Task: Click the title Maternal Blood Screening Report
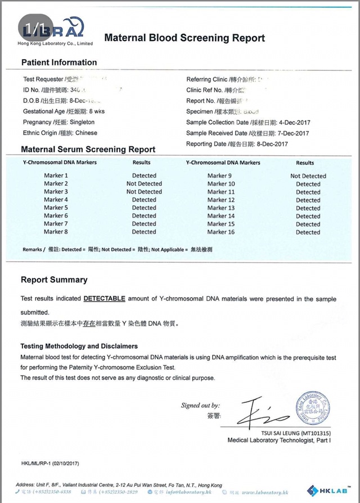coord(184,38)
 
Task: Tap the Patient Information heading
coord(59,62)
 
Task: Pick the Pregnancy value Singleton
coord(83,122)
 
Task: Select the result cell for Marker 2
coord(144,183)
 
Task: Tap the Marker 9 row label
coord(221,176)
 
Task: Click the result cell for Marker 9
coord(308,176)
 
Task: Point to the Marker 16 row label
coord(221,232)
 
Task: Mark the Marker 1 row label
coord(56,176)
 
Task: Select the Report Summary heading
coord(54,280)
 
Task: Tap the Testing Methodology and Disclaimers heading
coord(79,346)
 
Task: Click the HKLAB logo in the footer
coord(327,490)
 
